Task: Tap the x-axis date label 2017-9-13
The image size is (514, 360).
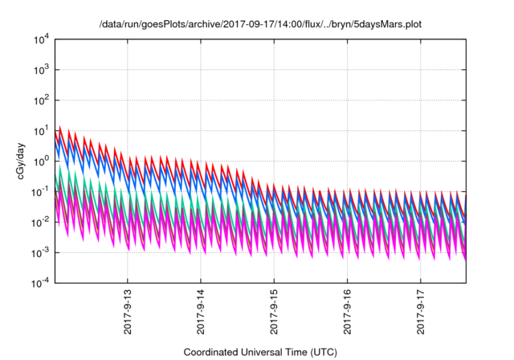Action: point(128,311)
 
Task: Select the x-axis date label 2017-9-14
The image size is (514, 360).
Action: point(202,311)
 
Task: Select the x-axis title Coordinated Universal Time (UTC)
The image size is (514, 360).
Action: point(260,352)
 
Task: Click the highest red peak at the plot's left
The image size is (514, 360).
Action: point(59,126)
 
